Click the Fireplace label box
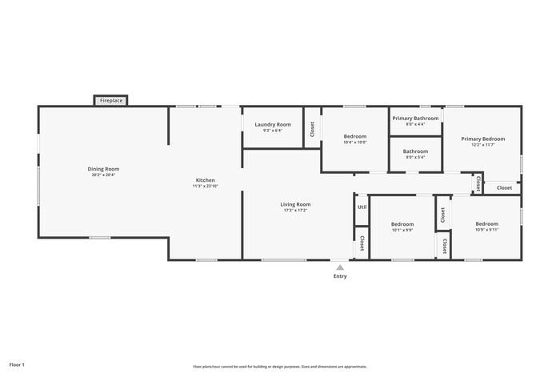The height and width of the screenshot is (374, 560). pos(111,101)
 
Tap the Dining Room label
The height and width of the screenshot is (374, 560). pos(103,169)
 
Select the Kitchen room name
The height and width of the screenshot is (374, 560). pos(206,180)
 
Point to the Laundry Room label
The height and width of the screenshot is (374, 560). pos(273,124)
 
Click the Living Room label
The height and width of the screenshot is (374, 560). pos(295,204)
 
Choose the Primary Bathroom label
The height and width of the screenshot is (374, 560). pos(415,119)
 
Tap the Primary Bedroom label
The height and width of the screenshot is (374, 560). pos(482,139)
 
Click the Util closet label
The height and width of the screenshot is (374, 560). pos(362,207)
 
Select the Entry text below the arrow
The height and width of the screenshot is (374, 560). pos(340,276)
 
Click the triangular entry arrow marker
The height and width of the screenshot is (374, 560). pos(340,267)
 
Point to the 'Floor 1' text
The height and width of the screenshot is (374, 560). pos(17,364)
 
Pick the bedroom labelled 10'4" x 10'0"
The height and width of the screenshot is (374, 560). pos(354,137)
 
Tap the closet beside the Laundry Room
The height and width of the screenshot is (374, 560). pos(312,128)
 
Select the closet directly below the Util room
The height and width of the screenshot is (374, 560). pos(362,243)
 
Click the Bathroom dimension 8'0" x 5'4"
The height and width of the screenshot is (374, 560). pos(415,157)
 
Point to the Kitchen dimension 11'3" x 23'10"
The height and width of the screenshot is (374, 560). pos(206,186)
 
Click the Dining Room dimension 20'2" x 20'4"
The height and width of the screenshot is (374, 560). pos(103,175)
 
